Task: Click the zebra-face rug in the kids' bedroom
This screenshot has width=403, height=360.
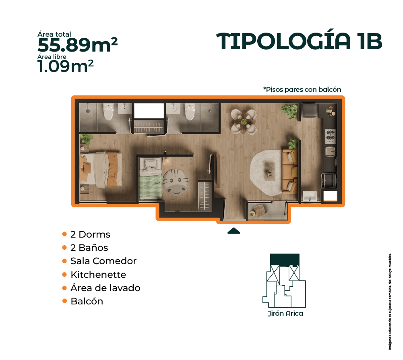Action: [x=176, y=182]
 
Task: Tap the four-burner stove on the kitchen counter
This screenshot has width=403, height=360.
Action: [x=331, y=136]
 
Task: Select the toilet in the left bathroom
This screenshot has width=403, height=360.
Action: [x=108, y=112]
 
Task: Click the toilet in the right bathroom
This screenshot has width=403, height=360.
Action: [x=190, y=112]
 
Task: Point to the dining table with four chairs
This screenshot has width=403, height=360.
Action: [x=244, y=122]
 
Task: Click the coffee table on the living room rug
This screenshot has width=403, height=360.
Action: [x=270, y=171]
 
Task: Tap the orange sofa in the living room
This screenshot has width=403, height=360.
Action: [x=290, y=172]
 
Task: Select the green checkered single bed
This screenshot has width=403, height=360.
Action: [x=151, y=178]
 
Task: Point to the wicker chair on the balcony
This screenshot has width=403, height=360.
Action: [x=260, y=211]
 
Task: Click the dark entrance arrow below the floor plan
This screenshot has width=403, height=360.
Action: [x=234, y=231]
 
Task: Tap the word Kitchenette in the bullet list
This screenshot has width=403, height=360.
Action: [x=99, y=275]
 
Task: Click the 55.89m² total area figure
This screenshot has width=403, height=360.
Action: [x=78, y=45]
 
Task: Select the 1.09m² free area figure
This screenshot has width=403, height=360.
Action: [x=66, y=66]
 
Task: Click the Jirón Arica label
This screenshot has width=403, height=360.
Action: [x=285, y=313]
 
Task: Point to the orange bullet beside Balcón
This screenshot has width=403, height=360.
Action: [x=64, y=301]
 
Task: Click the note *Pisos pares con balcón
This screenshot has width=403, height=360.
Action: [x=302, y=89]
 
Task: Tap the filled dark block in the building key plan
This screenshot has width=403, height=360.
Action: [x=285, y=260]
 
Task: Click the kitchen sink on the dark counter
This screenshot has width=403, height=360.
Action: [x=331, y=152]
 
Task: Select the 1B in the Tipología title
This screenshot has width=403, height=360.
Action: [x=370, y=41]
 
